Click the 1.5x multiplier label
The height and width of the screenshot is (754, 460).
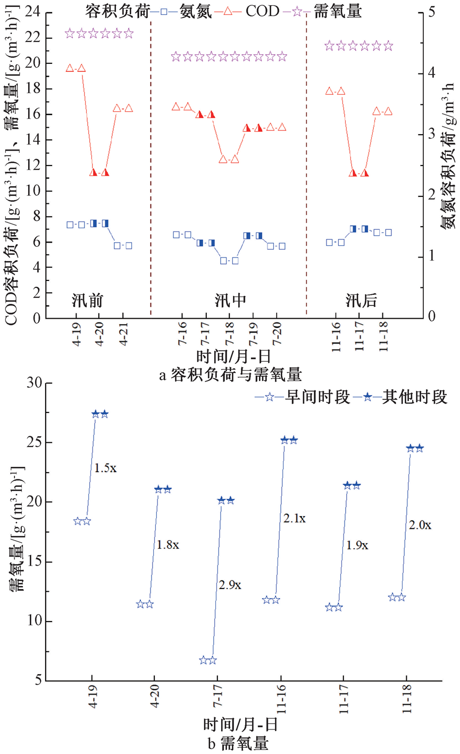pyautogui.click(x=105, y=468)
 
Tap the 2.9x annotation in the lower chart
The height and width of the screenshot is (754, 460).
pyautogui.click(x=230, y=585)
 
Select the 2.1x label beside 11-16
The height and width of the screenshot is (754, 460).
pyautogui.click(x=294, y=518)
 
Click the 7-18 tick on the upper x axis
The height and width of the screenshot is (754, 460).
pyautogui.click(x=229, y=337)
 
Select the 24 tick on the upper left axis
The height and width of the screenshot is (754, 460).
pyautogui.click(x=35, y=12)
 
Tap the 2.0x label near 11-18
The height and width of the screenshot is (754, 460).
pyautogui.click(x=420, y=525)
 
